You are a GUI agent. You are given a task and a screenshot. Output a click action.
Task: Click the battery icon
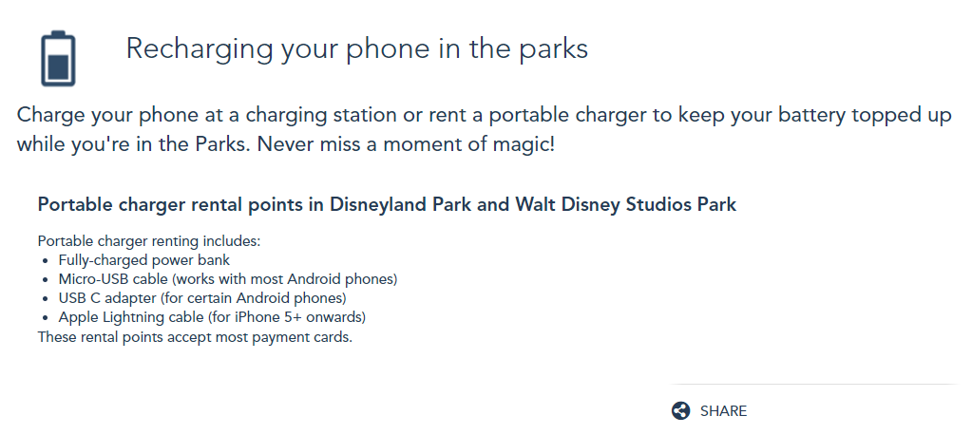(58, 58)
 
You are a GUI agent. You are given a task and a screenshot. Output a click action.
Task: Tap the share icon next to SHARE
(680, 411)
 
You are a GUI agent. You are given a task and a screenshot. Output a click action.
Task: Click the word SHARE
(723, 411)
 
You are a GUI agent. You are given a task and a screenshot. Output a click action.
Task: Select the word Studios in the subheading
(652, 204)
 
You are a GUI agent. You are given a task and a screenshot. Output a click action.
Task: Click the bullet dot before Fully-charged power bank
(46, 261)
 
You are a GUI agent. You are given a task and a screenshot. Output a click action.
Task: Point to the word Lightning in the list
(124, 318)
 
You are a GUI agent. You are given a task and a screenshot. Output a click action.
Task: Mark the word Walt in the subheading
(537, 204)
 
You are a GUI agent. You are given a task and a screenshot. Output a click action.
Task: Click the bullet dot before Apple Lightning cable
(46, 318)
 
